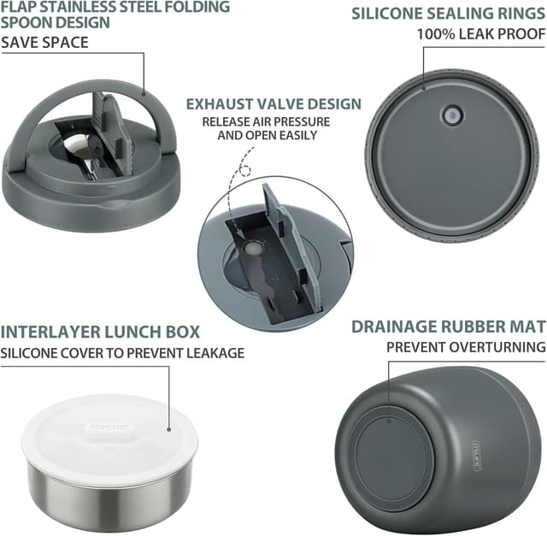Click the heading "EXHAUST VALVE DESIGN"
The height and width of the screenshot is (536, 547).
click(x=273, y=104)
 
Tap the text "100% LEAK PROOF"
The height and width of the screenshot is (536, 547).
click(x=481, y=34)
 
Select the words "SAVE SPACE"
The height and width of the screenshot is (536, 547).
click(x=44, y=43)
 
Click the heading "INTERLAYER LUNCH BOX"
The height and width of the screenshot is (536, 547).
click(x=100, y=332)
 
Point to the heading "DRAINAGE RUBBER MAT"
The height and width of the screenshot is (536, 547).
click(x=448, y=327)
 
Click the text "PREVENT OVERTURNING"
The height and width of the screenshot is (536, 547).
click(x=466, y=347)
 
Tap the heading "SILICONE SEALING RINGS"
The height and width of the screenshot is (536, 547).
click(x=448, y=14)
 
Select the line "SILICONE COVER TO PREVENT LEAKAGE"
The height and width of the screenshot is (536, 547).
click(x=122, y=353)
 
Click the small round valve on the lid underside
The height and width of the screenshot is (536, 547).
click(x=452, y=115)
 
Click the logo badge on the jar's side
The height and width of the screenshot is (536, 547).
click(x=477, y=456)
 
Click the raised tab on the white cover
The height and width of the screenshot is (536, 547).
click(x=109, y=427)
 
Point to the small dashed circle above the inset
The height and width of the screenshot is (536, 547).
click(x=245, y=171)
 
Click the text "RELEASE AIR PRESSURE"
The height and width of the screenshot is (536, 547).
click(x=266, y=121)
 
